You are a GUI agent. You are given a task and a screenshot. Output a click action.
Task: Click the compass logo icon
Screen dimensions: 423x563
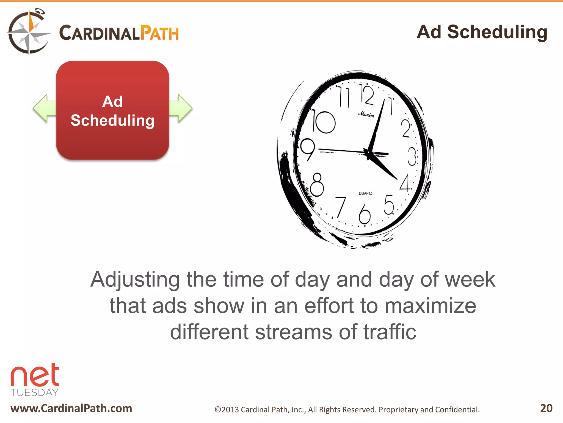(29, 32)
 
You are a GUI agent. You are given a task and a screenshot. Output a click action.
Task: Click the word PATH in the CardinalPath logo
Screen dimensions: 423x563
(159, 33)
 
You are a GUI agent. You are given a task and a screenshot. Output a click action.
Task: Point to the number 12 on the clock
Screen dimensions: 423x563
(367, 95)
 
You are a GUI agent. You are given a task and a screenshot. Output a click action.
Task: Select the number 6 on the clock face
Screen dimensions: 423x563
(365, 214)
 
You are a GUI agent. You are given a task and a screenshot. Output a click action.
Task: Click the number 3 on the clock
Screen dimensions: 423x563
(412, 156)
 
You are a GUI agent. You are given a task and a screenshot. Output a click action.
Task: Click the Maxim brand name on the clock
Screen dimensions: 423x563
(366, 114)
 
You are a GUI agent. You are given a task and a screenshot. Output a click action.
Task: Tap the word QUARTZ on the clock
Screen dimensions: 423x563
(365, 193)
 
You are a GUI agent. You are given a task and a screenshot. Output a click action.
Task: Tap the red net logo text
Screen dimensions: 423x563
(35, 375)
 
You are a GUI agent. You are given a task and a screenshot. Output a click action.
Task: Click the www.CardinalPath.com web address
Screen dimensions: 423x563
(71, 408)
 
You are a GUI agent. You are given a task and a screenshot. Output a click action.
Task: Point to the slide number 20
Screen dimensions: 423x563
(546, 408)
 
